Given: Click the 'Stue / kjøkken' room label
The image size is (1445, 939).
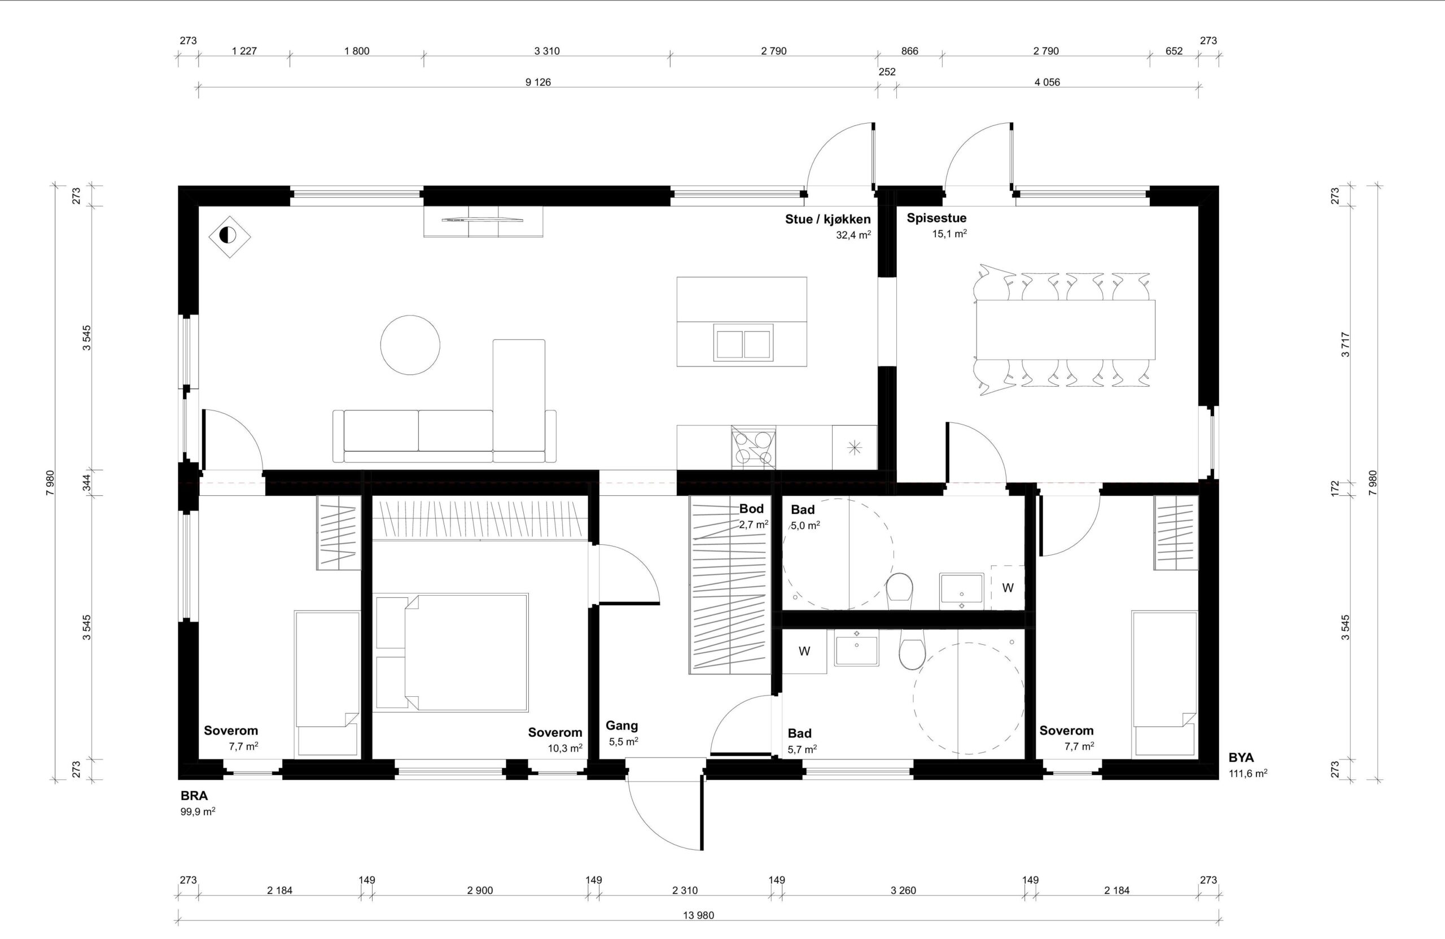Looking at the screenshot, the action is coord(827,219).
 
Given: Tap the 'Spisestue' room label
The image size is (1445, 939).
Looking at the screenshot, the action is coord(936,218).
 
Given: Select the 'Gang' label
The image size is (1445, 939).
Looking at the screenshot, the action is coord(621,725).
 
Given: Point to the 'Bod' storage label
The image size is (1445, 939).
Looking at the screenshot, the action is coord(751,509).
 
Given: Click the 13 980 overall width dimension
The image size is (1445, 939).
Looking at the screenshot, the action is coord(698,915).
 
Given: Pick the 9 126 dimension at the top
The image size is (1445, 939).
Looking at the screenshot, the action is coord(538,82).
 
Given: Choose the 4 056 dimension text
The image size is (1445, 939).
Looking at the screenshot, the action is coord(1047,82).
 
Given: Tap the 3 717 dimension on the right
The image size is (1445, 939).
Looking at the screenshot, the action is coord(1346,344).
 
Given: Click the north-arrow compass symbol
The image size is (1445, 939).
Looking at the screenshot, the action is coord(230,235).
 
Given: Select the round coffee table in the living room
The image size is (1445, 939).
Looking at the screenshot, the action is coord(410,344).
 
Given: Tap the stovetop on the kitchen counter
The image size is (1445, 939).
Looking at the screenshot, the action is coord(754,448).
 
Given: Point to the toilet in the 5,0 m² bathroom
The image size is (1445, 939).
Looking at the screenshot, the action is coord(899,591).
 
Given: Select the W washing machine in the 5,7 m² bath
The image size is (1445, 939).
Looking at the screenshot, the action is coord(804,652).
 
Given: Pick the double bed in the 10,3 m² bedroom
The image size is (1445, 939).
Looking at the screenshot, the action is coord(451,652).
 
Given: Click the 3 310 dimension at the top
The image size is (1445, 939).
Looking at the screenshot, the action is coord(547,51).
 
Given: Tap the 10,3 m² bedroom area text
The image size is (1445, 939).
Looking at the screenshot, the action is coord(565,748).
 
